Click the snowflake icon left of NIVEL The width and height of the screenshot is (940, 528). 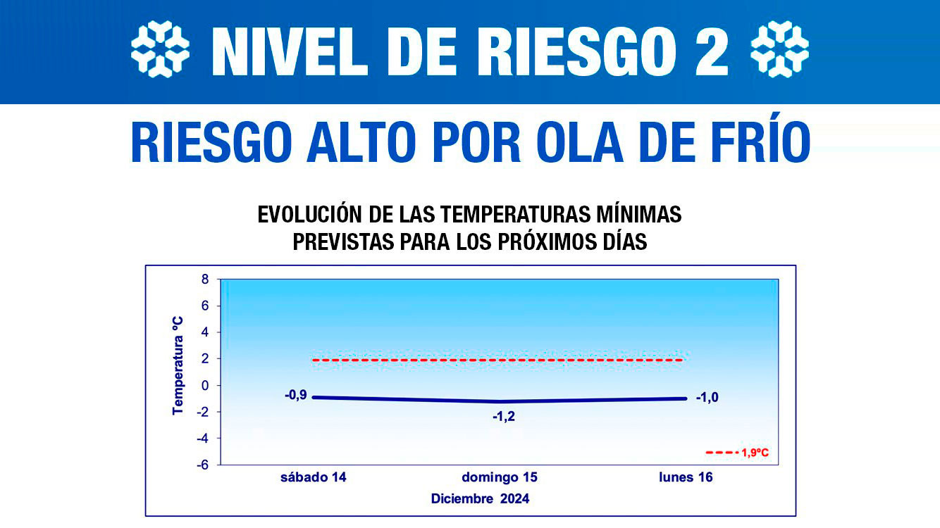[160, 49]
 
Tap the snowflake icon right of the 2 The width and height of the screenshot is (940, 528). [779, 49]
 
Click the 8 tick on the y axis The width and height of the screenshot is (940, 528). [206, 279]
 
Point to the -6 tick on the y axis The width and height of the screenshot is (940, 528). [203, 465]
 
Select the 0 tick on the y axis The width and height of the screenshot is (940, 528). [206, 385]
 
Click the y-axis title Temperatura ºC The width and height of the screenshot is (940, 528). [178, 365]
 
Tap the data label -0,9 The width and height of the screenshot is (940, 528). [295, 395]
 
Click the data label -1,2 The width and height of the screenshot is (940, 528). [504, 417]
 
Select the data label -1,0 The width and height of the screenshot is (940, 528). [707, 398]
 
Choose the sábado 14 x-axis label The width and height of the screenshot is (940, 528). [313, 477]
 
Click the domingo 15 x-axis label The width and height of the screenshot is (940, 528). [500, 477]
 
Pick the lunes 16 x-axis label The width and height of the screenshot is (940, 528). [686, 477]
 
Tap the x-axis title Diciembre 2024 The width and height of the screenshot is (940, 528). [480, 499]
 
